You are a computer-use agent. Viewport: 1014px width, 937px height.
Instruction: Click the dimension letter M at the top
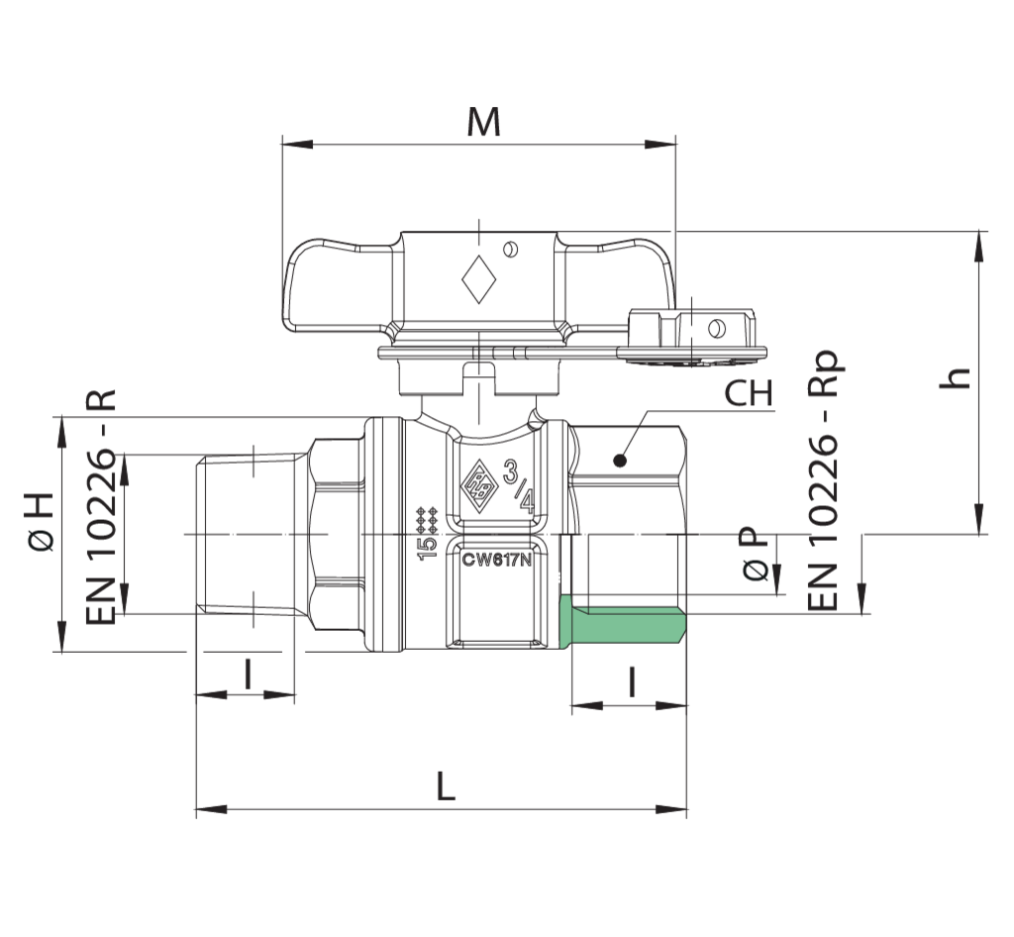(483, 122)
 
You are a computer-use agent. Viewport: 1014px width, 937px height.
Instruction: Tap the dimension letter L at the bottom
(445, 786)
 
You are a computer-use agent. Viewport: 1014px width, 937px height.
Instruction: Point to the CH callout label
(749, 392)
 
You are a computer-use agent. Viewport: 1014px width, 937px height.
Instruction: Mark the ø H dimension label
(40, 522)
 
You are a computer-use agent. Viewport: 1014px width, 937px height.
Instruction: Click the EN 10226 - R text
(101, 507)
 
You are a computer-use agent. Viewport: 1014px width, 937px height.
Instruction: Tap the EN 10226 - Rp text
(823, 479)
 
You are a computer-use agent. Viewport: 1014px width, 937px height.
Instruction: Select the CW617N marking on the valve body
(497, 560)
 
